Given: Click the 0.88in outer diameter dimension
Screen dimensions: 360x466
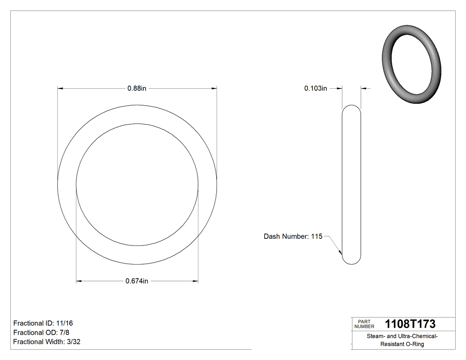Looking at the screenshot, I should (137, 88).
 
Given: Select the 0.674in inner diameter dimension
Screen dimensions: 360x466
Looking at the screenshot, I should (137, 281).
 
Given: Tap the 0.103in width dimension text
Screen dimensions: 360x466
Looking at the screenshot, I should (315, 88).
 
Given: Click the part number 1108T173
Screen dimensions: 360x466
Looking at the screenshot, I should (410, 324).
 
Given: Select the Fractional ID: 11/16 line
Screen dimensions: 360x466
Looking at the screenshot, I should (43, 323).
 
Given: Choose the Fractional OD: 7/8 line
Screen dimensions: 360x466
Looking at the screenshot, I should (41, 332).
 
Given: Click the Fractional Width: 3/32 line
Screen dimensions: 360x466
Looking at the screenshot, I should (47, 342).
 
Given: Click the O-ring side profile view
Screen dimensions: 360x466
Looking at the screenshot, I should (351, 184).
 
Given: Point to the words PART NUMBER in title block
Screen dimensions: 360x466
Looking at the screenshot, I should (364, 324).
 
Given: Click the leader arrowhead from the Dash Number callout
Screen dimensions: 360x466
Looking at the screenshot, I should (340, 253).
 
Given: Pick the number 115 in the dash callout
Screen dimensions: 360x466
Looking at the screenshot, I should (316, 237).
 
